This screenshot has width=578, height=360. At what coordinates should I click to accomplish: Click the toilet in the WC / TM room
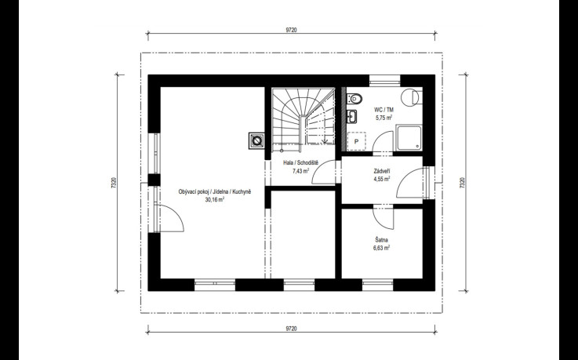pos(354,98)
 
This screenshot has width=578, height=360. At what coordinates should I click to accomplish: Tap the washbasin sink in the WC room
pos(351,116)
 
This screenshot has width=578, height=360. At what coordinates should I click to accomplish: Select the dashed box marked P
pos(356,141)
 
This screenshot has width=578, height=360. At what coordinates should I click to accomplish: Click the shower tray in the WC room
pos(409,137)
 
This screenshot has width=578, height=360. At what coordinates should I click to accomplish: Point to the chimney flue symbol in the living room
pos(256,140)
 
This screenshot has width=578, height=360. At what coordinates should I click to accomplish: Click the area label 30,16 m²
pos(215,200)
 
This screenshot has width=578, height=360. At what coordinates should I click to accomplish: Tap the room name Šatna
pos(381,239)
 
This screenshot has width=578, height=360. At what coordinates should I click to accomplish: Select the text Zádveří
pos(382,171)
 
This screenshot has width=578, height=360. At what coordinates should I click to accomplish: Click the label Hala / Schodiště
pos(300,162)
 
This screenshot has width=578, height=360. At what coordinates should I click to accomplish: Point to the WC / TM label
pos(384,110)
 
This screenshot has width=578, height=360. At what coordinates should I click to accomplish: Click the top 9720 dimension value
pos(291,31)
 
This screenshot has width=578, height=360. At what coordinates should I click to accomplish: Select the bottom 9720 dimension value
pos(291,329)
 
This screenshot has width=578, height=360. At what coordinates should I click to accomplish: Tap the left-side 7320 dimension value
pos(114,183)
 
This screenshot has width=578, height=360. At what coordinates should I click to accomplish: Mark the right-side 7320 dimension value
pos(462,183)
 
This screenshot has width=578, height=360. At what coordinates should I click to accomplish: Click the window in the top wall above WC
pos(385,80)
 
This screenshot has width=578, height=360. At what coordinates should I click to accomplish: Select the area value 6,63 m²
pos(381,248)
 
